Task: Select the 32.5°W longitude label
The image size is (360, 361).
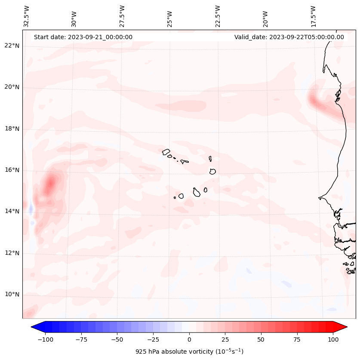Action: click(x=27, y=16)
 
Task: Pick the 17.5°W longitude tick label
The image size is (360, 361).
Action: click(x=313, y=16)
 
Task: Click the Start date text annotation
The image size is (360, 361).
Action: click(x=83, y=37)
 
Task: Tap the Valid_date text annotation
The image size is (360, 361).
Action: click(x=289, y=37)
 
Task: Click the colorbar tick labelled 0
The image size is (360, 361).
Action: click(x=189, y=339)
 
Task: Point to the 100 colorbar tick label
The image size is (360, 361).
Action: click(x=333, y=339)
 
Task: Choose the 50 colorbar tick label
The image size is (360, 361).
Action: click(x=261, y=339)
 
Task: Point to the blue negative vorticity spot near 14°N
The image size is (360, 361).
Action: click(x=31, y=210)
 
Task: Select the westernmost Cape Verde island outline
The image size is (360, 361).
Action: click(x=166, y=151)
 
